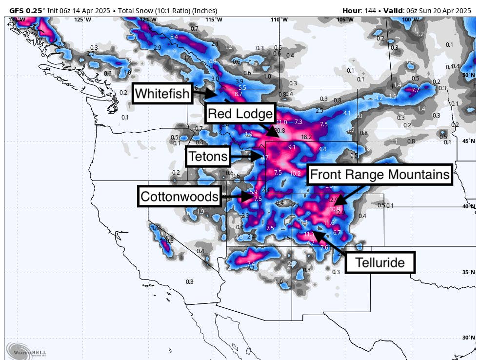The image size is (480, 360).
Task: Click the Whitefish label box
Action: [x=162, y=93]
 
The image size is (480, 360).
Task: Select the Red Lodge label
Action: [x=240, y=114]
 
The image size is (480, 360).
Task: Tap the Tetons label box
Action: [x=208, y=157]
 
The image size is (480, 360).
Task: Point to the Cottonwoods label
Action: [x=179, y=196]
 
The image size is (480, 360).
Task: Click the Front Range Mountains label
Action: [x=380, y=174]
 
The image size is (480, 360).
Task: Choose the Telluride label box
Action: [x=380, y=262]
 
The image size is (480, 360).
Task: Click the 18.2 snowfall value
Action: [x=307, y=137]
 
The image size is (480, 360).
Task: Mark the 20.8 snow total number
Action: [x=279, y=131]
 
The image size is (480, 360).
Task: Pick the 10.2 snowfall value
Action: [x=295, y=173]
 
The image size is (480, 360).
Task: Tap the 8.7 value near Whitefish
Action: [x=239, y=94]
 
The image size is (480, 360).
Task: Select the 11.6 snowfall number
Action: [x=329, y=222]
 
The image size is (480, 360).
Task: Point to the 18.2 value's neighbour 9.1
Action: [x=292, y=147]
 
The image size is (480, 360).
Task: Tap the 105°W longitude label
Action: [x=345, y=20]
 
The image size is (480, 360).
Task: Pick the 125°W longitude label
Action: [x=82, y=20]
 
